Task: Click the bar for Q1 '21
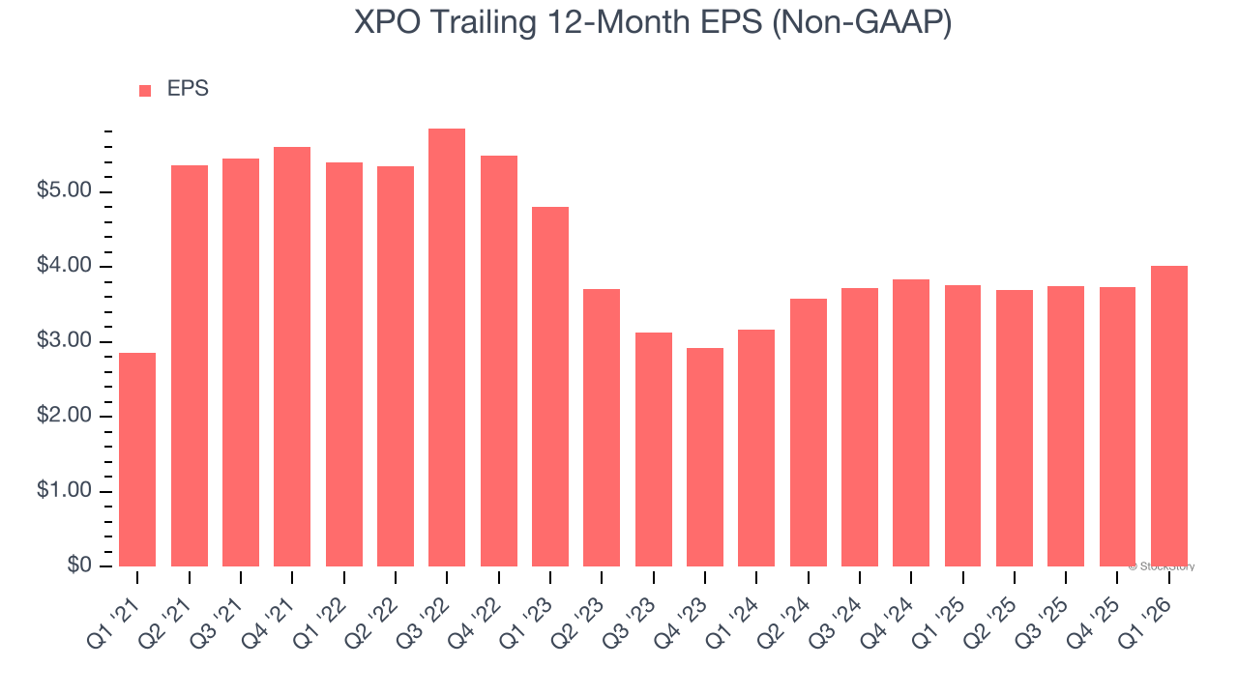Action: click(x=137, y=459)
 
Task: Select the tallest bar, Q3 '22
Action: click(x=447, y=348)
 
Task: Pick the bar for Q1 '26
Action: click(x=1169, y=416)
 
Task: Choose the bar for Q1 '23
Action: click(x=550, y=387)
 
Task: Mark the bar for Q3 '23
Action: click(x=653, y=449)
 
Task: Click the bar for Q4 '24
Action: click(x=911, y=422)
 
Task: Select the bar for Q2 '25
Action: click(x=1015, y=428)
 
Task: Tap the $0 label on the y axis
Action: click(x=80, y=566)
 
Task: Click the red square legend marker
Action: click(x=145, y=90)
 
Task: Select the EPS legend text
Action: click(x=188, y=89)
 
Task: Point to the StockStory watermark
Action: click(x=1162, y=566)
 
